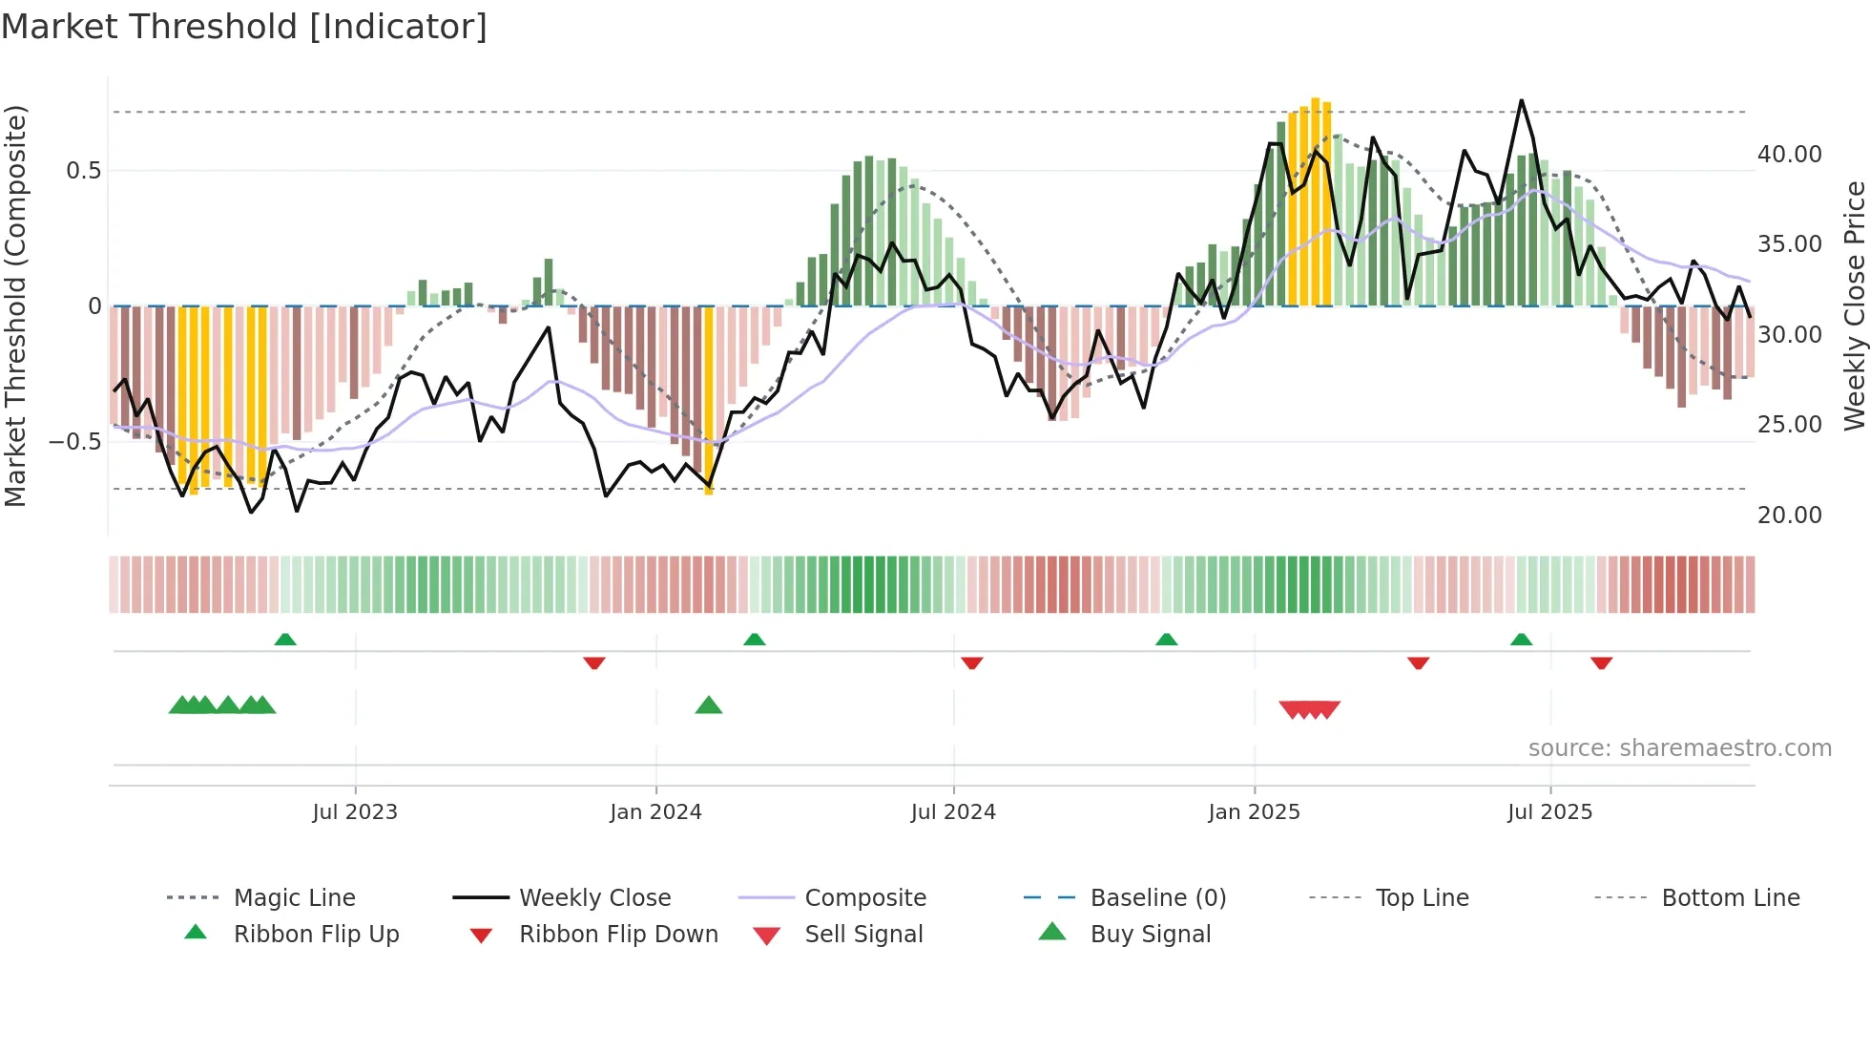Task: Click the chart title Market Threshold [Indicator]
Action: point(244,27)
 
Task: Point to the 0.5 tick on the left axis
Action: point(83,171)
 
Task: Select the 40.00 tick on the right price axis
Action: point(1789,155)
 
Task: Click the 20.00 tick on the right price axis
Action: point(1789,515)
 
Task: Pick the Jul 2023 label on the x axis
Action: point(355,812)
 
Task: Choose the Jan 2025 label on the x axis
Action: point(1254,812)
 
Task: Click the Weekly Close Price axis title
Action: point(1854,305)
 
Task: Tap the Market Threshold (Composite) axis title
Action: point(15,305)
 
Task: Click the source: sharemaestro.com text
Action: point(1679,748)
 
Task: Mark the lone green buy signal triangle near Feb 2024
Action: point(709,705)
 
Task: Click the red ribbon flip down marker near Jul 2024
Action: point(972,663)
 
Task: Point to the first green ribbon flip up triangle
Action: point(285,640)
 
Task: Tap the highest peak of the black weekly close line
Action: point(1521,101)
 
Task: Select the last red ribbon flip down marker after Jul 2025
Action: point(1601,663)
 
